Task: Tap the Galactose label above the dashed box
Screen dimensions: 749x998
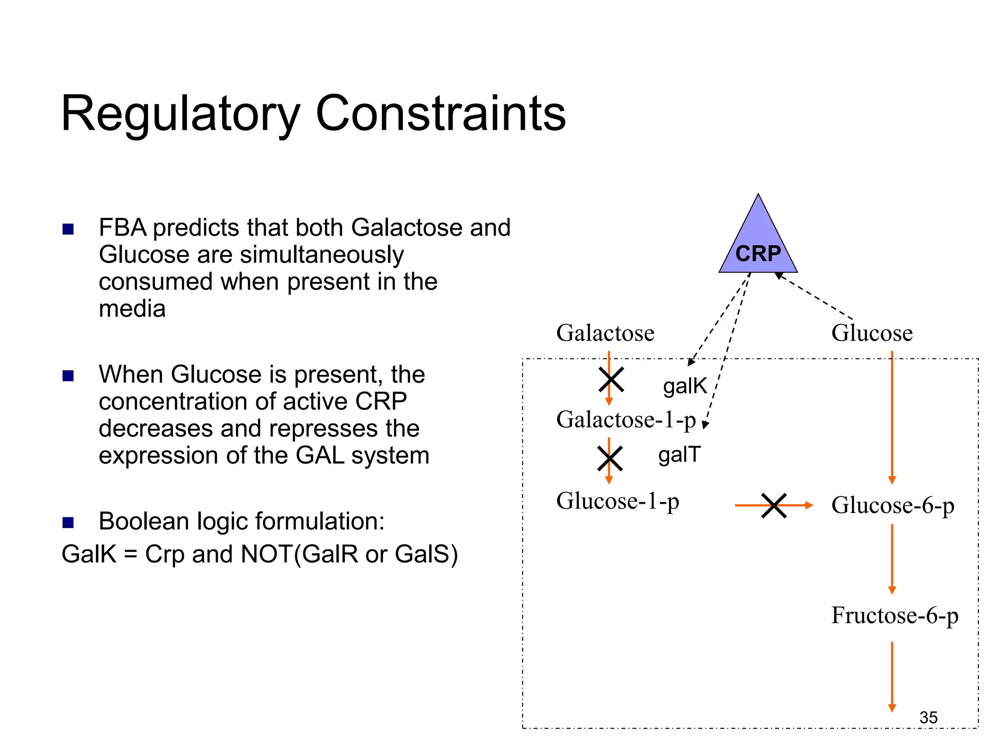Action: (605, 333)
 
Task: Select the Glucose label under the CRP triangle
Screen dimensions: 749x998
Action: (872, 333)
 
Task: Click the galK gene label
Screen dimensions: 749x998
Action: (685, 386)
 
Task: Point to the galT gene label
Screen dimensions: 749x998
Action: (679, 454)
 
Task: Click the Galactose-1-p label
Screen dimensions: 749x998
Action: (626, 420)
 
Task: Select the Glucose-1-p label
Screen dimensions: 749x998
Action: (617, 501)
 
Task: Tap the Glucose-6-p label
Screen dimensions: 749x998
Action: (892, 506)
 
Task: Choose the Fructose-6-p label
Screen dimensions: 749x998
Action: (895, 615)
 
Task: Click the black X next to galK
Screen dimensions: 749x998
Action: (611, 380)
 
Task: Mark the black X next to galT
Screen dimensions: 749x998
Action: (610, 458)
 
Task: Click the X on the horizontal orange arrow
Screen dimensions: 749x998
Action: (774, 506)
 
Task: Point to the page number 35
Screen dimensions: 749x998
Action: (928, 717)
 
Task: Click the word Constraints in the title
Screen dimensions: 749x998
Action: (441, 114)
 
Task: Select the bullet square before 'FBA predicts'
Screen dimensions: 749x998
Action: (68, 229)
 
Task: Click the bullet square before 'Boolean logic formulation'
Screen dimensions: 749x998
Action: (68, 523)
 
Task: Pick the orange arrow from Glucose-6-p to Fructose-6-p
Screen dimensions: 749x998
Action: (892, 558)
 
